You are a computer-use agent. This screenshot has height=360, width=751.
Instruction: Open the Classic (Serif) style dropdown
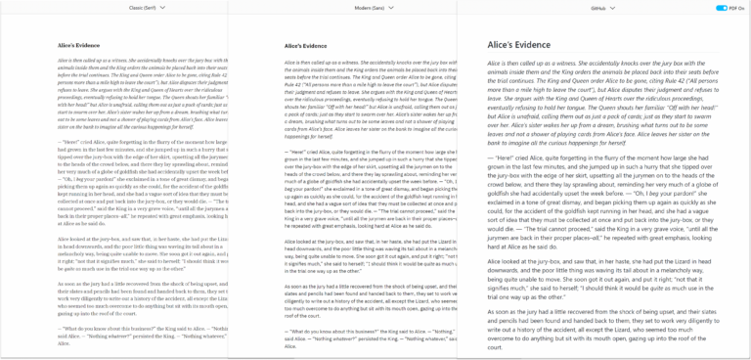146,7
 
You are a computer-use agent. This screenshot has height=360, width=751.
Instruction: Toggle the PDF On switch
722,7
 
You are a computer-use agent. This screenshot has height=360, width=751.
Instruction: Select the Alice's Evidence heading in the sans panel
307,45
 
